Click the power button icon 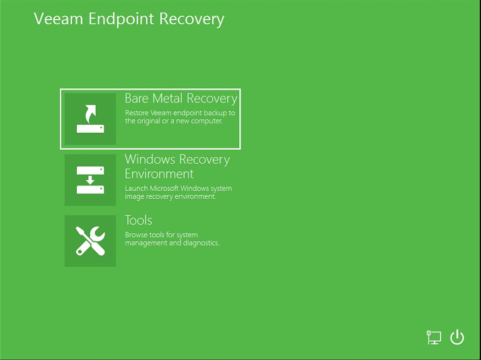(x=457, y=336)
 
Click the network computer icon (x=434, y=337)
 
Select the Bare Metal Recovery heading (x=181, y=98)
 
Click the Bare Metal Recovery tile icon (x=90, y=119)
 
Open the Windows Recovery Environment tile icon (x=90, y=180)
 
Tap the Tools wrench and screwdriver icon (x=90, y=241)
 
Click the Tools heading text (x=138, y=220)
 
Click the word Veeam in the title (x=59, y=19)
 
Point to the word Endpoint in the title (x=121, y=20)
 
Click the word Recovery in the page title (x=192, y=20)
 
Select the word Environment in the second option (x=159, y=174)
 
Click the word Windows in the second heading (x=150, y=159)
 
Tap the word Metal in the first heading (x=168, y=98)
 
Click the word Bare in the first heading (x=137, y=98)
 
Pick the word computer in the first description (x=207, y=121)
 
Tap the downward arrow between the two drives (x=90, y=180)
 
